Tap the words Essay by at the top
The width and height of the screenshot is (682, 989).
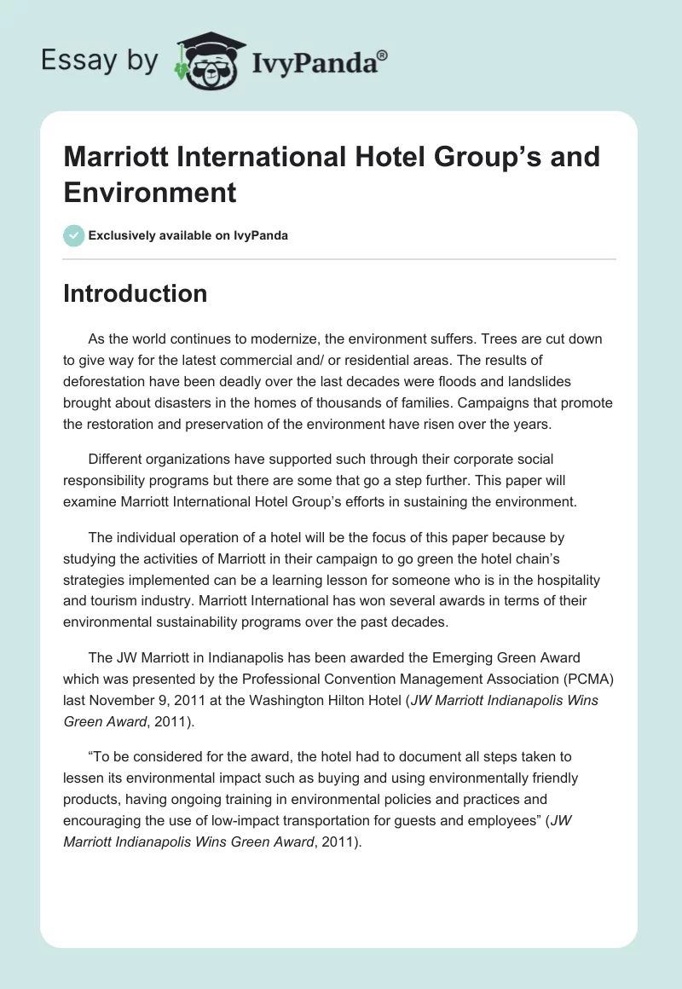click(99, 60)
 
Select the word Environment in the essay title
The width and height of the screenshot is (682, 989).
click(150, 192)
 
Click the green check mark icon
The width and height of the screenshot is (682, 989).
click(74, 235)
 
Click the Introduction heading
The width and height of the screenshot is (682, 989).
click(136, 293)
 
